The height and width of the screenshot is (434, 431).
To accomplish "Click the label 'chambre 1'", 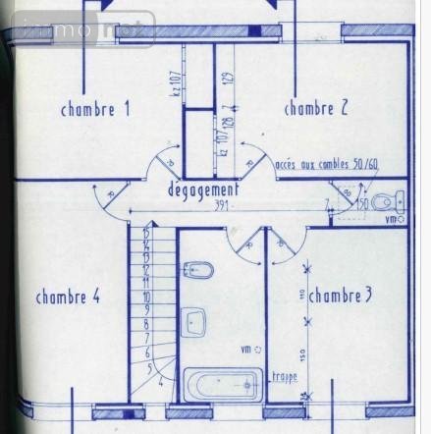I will click(95, 109).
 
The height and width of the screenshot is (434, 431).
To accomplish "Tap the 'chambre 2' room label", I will click(316, 109).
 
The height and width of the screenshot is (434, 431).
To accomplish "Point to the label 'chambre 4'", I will click(68, 297).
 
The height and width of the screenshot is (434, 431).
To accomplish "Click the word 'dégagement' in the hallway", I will click(202, 190).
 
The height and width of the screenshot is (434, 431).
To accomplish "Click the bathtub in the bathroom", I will click(222, 383).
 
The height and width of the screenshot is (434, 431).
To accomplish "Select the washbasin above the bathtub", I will click(193, 321).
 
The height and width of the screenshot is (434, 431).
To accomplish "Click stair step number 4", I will click(159, 385).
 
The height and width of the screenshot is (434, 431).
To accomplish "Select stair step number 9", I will click(145, 308).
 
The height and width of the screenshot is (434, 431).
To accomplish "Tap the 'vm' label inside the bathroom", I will click(246, 349).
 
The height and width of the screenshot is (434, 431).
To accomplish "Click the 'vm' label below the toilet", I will click(391, 220).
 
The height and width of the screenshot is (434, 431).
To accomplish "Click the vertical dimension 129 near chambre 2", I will click(227, 80).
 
